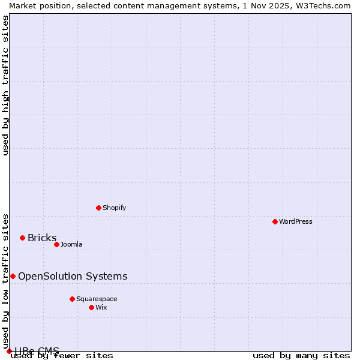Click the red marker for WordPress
tap(275, 221)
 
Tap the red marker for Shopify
tap(98, 208)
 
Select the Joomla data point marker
tap(56, 244)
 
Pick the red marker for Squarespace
tap(72, 299)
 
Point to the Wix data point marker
tap(91, 307)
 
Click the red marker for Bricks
tap(22, 238)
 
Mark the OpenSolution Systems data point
tap(13, 276)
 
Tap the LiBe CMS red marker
tap(9, 351)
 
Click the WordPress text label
tap(296, 221)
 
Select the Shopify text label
tap(114, 208)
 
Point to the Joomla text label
tap(71, 244)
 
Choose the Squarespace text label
tap(97, 299)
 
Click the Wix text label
tap(101, 307)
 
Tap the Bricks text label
tap(42, 238)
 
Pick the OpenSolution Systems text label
tap(73, 276)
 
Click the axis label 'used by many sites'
tap(301, 356)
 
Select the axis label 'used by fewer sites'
tap(62, 356)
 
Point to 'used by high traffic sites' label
tap(5, 85)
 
